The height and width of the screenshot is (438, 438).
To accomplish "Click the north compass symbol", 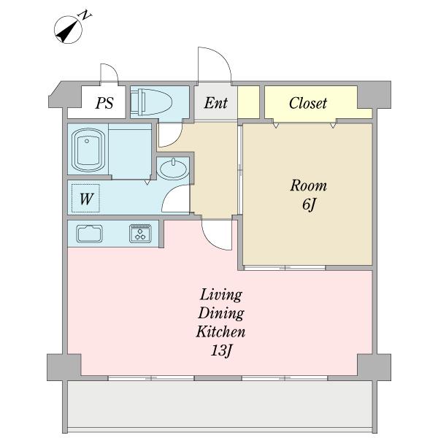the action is coord(69,29).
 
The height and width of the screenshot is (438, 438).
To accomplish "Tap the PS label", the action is coord(104,103).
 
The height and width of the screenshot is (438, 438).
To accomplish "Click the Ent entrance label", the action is coord(215,103).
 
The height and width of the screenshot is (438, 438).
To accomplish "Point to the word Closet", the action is coord(308,103).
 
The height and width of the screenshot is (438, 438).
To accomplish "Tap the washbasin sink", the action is coord(173,169).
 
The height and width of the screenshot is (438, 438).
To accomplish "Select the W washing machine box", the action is coord(85,199).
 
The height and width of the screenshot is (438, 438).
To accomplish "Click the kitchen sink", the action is coord(89,234).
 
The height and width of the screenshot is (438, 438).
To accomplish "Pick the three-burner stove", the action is coord(140,234).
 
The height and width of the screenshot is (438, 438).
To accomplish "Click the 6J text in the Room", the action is coord(309,204).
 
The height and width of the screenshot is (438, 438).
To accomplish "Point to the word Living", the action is coord(220,295).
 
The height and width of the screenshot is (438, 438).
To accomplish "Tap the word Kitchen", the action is coord(220,331).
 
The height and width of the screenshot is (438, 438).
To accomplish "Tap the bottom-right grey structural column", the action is coord(374,367).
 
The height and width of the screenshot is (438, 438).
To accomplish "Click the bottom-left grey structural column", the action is coord(64,367).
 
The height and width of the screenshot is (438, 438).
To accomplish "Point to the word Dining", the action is coord(221,313).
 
